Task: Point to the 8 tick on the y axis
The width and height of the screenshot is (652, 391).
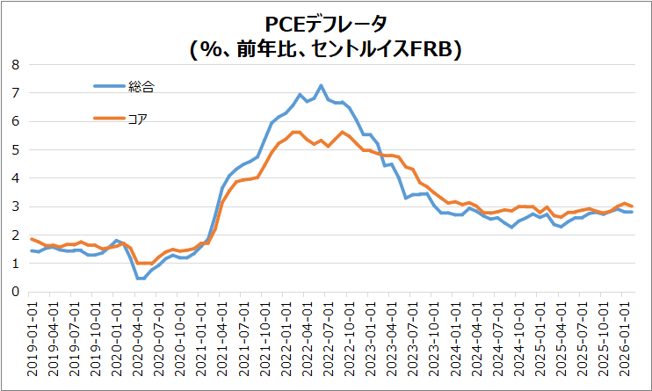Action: (x=15, y=64)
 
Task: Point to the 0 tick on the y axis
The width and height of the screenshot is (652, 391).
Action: (x=15, y=292)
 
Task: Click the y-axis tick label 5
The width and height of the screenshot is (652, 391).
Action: (x=15, y=149)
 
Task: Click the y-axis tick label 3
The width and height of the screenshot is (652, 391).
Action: (x=15, y=206)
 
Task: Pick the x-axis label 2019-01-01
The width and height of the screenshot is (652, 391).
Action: (x=33, y=343)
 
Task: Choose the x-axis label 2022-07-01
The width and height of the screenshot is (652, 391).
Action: (x=330, y=343)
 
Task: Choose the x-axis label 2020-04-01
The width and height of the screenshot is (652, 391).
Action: (x=139, y=343)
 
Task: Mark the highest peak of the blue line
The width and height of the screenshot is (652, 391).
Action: (x=321, y=85)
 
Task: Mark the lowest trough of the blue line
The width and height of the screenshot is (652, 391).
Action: (x=140, y=279)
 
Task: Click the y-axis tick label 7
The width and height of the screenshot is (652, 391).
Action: (x=15, y=92)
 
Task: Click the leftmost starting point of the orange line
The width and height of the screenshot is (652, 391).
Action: (x=32, y=239)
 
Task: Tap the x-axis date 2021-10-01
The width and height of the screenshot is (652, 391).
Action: (x=266, y=343)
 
